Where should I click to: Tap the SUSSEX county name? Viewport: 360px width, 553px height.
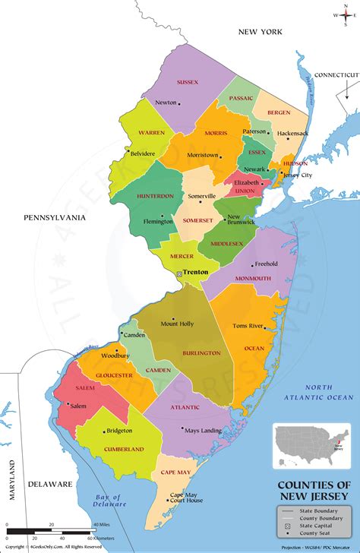tap(188, 81)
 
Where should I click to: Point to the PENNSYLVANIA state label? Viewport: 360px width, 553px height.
tap(55, 218)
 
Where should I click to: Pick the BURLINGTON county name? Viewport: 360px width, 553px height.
tap(201, 353)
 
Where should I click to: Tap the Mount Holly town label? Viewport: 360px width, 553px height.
tap(177, 324)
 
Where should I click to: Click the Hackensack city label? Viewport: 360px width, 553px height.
tap(292, 134)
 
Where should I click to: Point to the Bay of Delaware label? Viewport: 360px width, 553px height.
tap(109, 499)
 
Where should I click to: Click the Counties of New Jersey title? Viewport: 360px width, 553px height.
tap(314, 490)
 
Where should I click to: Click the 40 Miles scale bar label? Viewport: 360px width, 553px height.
tap(100, 524)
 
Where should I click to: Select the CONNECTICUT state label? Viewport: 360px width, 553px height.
tap(336, 74)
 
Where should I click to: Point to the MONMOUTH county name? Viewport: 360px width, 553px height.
tap(252, 279)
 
